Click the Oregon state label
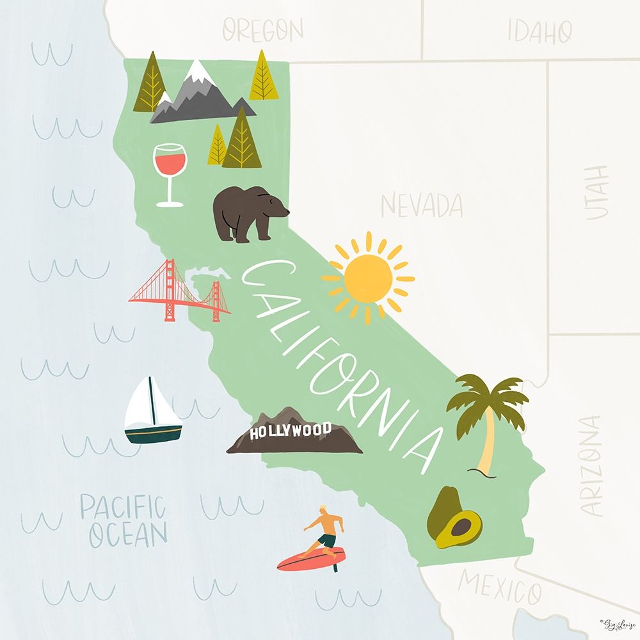point(262,30)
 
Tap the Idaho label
point(540,31)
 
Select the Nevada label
point(422,205)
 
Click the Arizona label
point(592,465)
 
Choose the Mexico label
point(500,588)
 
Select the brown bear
point(248,213)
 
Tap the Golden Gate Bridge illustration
point(180,291)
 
